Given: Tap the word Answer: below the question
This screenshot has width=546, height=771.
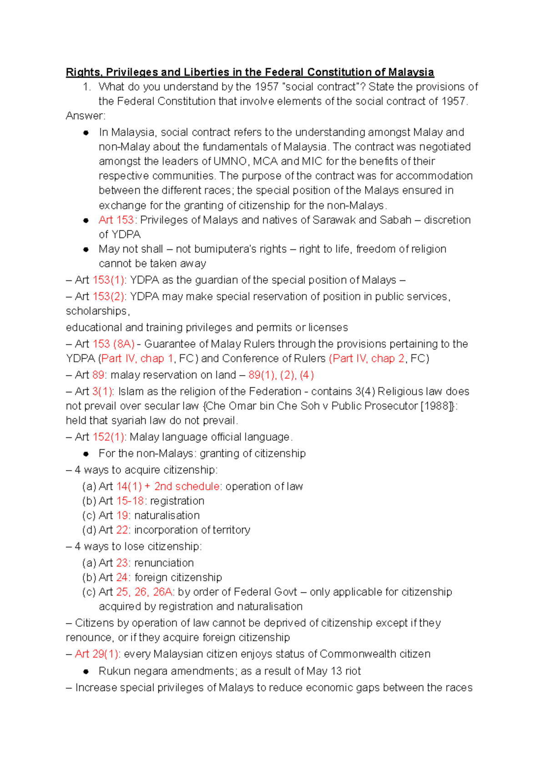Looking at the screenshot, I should point(86,116).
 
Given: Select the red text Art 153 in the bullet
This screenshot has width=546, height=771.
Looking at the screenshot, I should point(116,220).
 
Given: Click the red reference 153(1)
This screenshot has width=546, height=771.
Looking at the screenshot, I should point(108,280).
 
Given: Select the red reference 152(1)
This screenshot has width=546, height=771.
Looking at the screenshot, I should point(108,437).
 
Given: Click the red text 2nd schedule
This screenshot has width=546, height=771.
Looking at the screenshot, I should point(187,487).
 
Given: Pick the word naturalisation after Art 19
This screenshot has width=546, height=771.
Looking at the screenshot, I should point(167,516).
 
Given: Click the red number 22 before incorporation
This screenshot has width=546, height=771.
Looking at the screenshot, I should point(122,530).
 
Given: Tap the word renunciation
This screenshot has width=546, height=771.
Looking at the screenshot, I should point(164,563).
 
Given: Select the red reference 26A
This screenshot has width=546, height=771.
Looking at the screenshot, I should point(162,592).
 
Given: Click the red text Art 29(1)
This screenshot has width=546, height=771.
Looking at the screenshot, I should point(97,654).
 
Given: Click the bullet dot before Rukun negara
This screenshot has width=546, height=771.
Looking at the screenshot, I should point(86,671).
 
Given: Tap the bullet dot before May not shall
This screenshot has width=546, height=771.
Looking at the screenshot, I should point(86,249).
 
